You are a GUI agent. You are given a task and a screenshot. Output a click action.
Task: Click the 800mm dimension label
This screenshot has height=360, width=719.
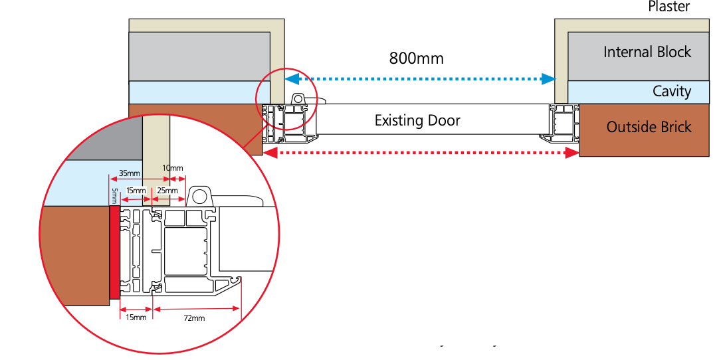(416, 58)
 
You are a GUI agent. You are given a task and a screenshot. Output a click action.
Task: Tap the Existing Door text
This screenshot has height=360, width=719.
(417, 121)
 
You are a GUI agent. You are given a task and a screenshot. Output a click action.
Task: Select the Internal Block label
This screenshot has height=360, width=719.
(647, 52)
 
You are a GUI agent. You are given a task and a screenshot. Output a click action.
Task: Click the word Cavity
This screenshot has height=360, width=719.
(671, 91)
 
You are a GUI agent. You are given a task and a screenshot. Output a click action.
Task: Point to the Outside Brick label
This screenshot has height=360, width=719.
(649, 127)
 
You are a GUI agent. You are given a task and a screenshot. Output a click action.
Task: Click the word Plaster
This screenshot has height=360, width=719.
(668, 7)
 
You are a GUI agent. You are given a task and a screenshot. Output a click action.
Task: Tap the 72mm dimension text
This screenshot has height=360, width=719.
(194, 318)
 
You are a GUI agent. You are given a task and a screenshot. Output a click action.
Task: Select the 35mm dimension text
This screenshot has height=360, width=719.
(130, 174)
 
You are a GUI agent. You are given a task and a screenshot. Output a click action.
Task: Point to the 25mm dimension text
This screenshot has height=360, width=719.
(167, 191)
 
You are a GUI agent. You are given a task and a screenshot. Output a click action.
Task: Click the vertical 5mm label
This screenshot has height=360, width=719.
(114, 195)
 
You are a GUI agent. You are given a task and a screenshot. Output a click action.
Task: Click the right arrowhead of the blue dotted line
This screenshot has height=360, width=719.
(548, 79)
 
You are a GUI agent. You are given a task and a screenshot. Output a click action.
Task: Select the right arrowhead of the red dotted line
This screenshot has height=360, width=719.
(572, 153)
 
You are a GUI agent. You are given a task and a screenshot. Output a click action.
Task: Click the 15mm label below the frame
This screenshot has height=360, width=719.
(136, 317)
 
